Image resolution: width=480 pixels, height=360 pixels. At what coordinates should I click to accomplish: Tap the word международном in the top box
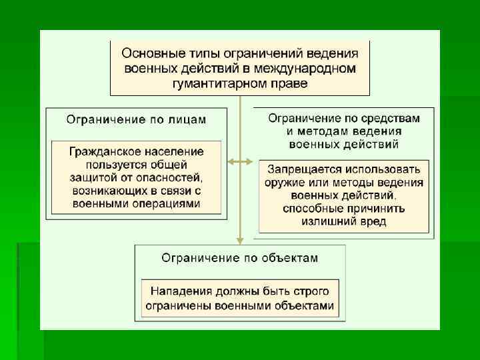click(310, 68)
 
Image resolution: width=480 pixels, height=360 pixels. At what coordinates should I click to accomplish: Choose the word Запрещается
click(305, 169)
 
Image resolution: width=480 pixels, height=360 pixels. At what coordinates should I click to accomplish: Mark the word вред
click(373, 221)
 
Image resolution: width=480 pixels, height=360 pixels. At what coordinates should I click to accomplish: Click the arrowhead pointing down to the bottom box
click(239, 240)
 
